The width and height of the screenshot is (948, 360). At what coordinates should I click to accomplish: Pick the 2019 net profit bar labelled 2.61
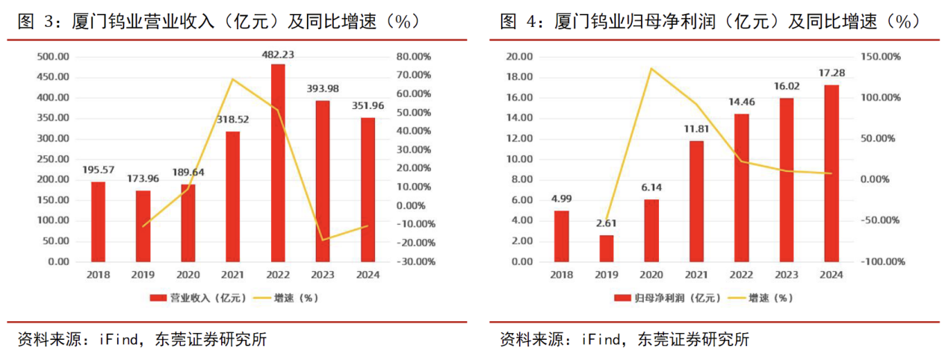(x=607, y=249)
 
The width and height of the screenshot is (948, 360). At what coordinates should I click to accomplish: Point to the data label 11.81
(x=696, y=128)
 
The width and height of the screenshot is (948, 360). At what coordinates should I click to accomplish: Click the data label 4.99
(x=562, y=199)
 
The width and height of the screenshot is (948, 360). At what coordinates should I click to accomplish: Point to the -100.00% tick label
(x=883, y=262)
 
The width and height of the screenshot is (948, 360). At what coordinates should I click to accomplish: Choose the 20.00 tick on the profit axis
(x=520, y=57)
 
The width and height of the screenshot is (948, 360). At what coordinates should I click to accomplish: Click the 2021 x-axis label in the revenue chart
(x=233, y=275)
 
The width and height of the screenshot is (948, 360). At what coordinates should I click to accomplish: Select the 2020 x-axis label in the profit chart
(x=651, y=275)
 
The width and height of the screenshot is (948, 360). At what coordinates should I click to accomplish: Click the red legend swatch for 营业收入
(x=158, y=298)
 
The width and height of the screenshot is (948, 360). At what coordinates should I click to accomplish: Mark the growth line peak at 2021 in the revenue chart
(x=233, y=79)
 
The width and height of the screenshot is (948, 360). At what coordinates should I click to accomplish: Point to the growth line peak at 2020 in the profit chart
(x=651, y=69)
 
